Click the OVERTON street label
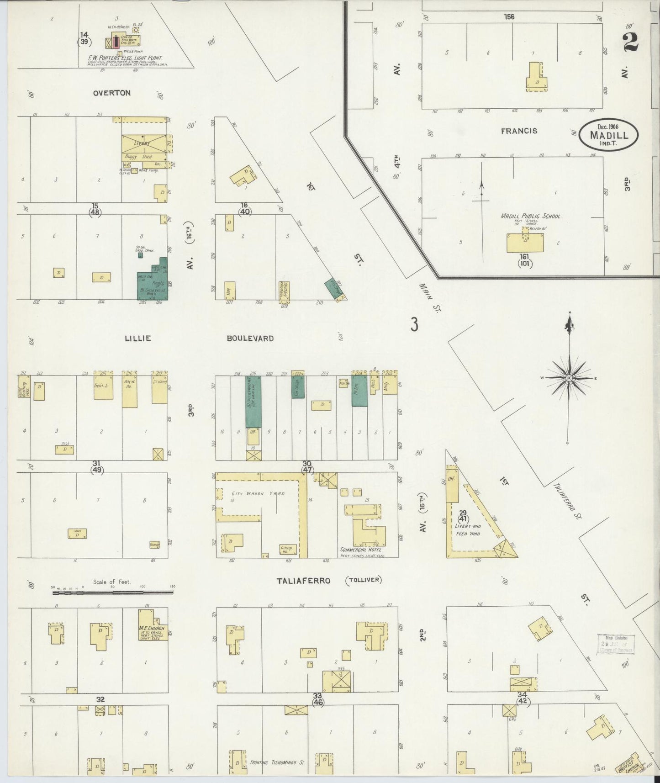tap(111, 93)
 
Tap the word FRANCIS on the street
tap(519, 131)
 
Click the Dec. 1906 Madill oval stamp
tap(608, 135)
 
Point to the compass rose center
tap(569, 378)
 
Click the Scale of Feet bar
tap(112, 593)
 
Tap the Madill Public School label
tap(530, 216)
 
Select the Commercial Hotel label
tap(363, 550)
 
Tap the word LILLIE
tap(138, 339)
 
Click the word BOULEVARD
tap(250, 339)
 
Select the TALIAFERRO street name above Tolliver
tap(303, 581)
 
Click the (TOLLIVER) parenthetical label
tap(364, 580)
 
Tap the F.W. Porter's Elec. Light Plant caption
tap(126, 58)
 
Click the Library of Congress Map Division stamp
tap(615, 644)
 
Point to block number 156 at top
tap(509, 17)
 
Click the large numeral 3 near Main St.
tap(414, 325)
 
